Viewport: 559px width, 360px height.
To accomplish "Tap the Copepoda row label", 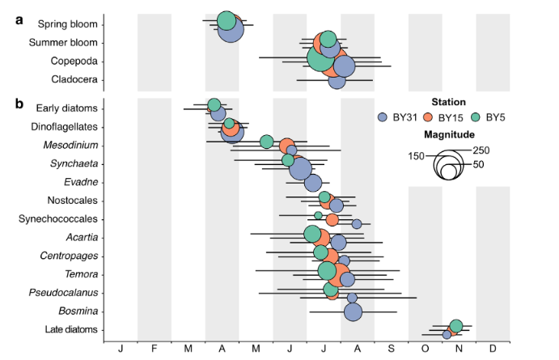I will (74, 61).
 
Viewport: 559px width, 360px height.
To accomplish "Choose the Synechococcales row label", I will (59, 218).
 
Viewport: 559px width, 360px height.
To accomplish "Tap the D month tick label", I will (492, 349).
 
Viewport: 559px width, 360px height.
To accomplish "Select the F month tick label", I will (154, 349).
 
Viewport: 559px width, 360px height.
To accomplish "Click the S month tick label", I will (390, 349).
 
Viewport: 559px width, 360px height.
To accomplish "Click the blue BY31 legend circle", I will (383, 117).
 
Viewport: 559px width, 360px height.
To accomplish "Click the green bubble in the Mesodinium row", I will (267, 142).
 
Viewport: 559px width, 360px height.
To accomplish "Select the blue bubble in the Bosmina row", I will (354, 311).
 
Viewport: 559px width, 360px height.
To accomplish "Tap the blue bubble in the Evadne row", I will (313, 183).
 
